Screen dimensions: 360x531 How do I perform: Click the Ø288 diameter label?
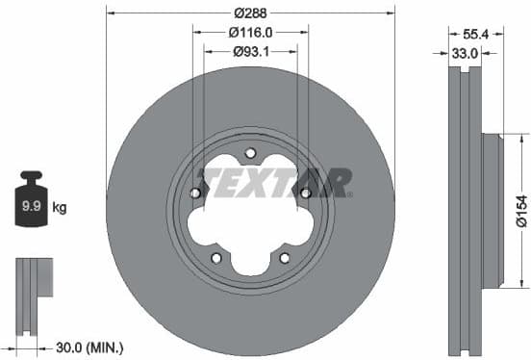pos(250,13)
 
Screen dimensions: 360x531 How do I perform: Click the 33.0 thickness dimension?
pos(466,53)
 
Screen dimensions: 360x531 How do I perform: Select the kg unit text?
pos(60,207)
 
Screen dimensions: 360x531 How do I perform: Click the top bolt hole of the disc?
pos(250,152)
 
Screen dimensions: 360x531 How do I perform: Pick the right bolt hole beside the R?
pos(305,193)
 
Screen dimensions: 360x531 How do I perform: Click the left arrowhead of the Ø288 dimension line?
pos(109,13)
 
